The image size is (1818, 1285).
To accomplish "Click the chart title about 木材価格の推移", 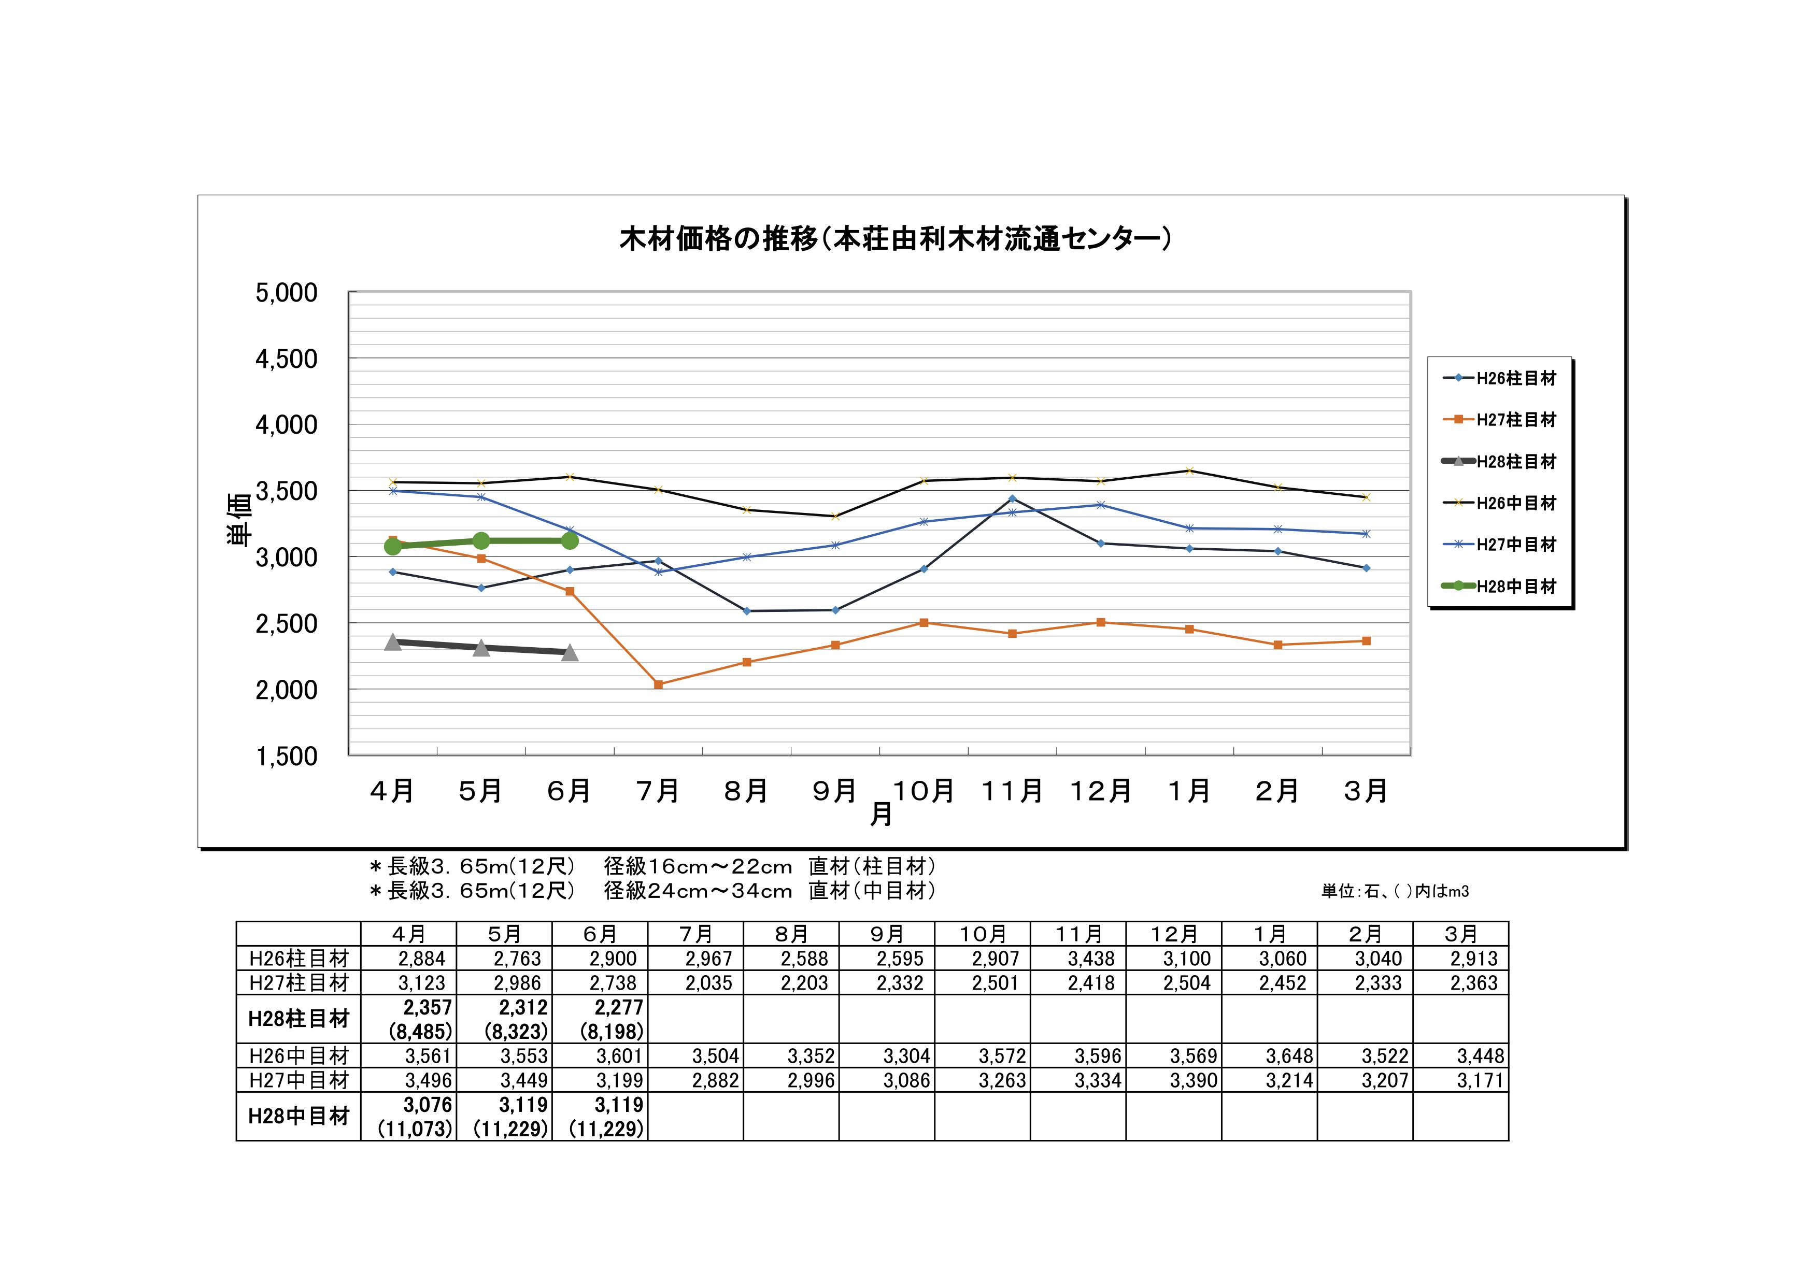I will (894, 238).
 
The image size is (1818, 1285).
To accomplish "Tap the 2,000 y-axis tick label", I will (286, 690).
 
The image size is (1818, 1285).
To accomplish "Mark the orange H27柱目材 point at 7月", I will (658, 684).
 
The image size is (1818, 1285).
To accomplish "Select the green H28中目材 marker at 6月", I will (570, 541).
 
